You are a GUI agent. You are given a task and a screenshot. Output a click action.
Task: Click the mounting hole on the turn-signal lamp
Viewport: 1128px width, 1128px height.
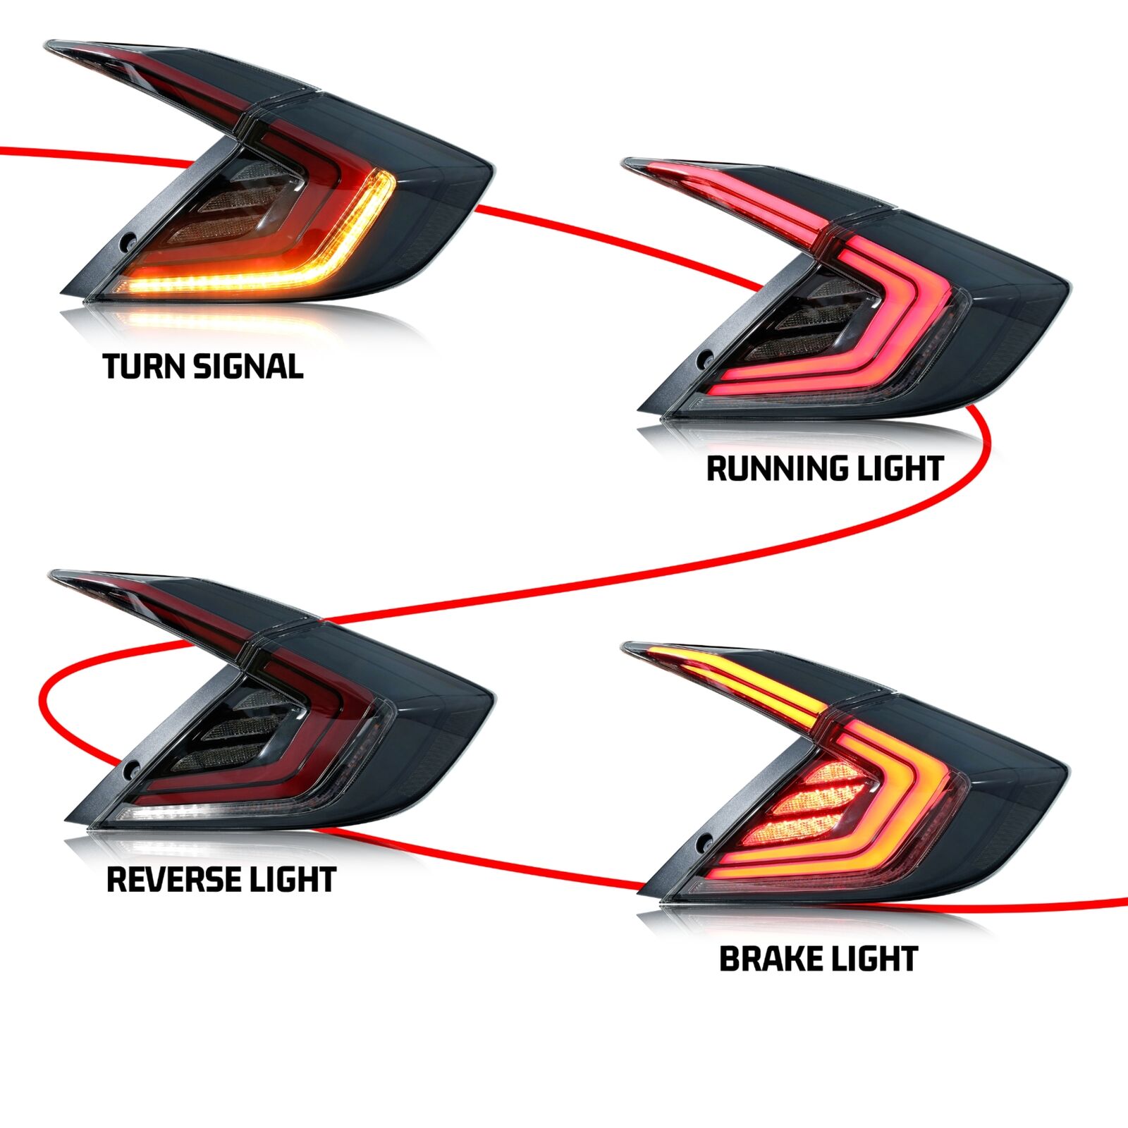coord(128,241)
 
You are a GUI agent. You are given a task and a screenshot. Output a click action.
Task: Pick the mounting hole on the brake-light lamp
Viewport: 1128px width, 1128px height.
coord(704,843)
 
